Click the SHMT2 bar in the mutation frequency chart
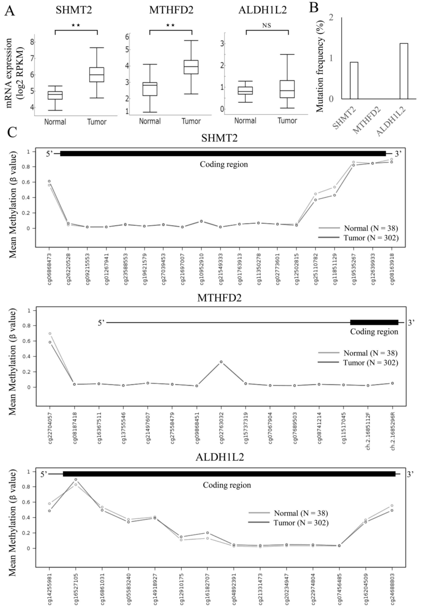pyautogui.click(x=354, y=80)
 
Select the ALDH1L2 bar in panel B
pyautogui.click(x=404, y=71)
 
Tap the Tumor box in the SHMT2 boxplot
pyautogui.click(x=96, y=75)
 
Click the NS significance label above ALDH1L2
pyautogui.click(x=267, y=26)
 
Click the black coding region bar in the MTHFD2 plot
pyautogui.click(x=374, y=322)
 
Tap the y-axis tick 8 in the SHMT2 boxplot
pyautogui.click(x=32, y=42)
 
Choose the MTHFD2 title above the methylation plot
pyautogui.click(x=219, y=298)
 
